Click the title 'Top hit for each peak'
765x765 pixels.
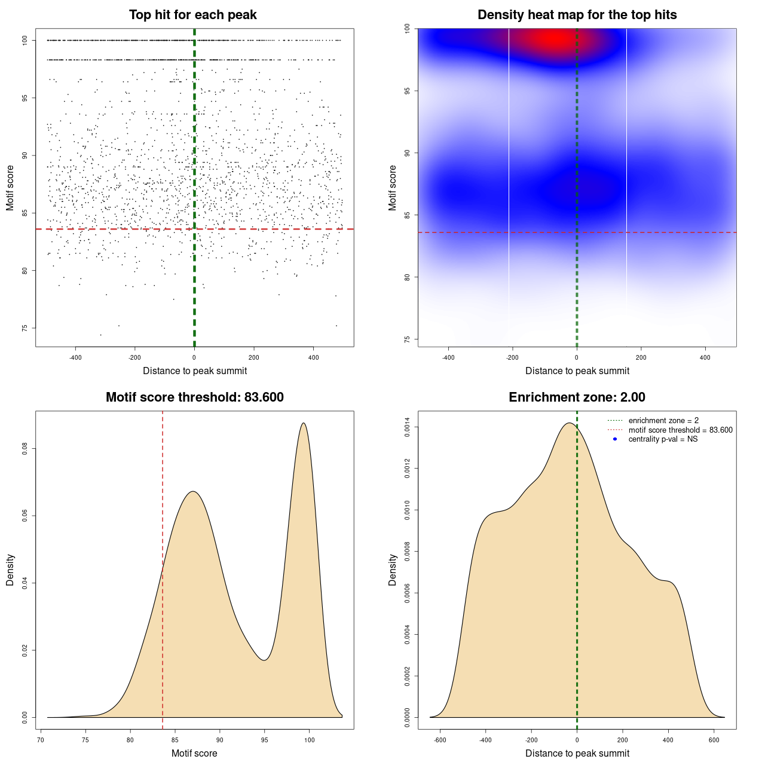click(x=193, y=15)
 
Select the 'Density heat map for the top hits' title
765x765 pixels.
click(x=577, y=15)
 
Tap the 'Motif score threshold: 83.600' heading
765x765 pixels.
click(x=195, y=397)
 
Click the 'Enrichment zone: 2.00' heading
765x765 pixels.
click(x=577, y=397)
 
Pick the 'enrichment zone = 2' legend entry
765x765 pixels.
click(x=663, y=421)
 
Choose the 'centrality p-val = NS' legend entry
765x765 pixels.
click(x=663, y=439)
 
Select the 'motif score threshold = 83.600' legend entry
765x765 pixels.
click(x=680, y=430)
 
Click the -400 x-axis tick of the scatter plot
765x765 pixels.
click(x=75, y=357)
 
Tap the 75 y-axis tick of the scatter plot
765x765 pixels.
click(x=25, y=328)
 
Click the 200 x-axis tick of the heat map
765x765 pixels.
click(x=641, y=357)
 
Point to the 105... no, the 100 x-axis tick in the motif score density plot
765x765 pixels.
click(x=309, y=740)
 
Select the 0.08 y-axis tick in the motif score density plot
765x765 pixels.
click(x=25, y=449)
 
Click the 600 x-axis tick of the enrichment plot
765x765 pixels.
click(x=714, y=740)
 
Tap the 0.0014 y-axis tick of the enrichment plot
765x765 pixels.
click(x=408, y=427)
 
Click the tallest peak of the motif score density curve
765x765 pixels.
click(x=304, y=423)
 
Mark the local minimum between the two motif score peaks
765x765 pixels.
click(x=264, y=660)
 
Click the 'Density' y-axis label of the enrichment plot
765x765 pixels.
click(x=393, y=570)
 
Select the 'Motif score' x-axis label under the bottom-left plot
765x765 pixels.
click(x=194, y=753)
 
